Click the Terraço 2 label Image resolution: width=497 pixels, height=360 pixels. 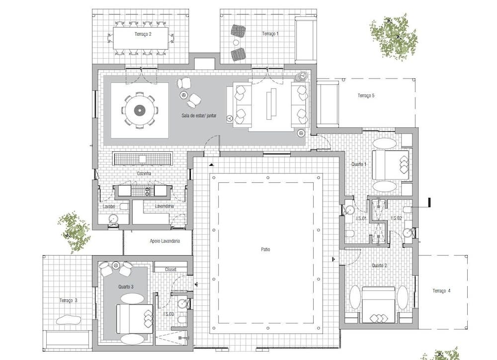pos(143,34)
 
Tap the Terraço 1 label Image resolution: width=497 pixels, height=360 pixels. pos(270,34)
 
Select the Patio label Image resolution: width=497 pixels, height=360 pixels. pos(265,249)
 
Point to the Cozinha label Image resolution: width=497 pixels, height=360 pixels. pos(144,173)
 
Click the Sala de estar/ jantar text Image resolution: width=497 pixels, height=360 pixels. pos(199,116)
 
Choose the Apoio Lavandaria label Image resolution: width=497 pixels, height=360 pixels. pos(165,241)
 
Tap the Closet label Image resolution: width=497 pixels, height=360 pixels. pos(170,270)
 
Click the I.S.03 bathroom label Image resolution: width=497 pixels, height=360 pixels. pos(168,314)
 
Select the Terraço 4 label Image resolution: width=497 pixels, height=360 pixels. pos(441,290)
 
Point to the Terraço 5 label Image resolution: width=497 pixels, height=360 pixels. pos(366,95)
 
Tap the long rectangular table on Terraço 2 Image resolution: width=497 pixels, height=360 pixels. pos(141,38)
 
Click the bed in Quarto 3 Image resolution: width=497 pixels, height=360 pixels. pos(135,319)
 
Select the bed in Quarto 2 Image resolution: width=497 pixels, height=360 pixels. pos(379,304)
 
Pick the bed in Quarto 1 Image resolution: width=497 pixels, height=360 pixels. pos(390,165)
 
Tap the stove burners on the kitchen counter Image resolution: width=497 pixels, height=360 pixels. pos(148,191)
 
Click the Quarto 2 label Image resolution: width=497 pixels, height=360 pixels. pos(379,265)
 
